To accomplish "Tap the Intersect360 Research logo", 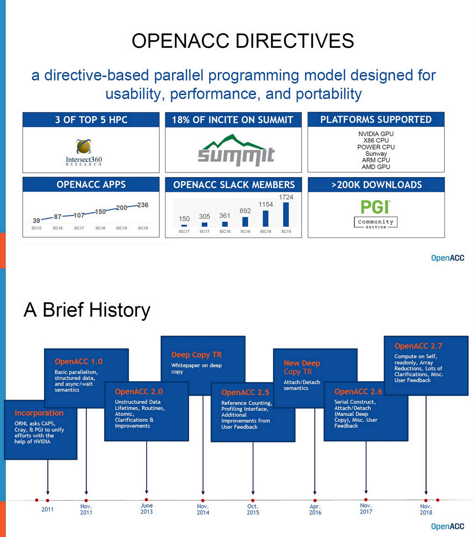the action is pos(84,152).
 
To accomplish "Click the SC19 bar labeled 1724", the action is pos(286,214).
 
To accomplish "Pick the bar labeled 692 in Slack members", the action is pos(245,222).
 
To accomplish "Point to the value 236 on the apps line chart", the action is pos(143,205).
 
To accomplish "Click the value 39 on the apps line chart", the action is pos(36,221).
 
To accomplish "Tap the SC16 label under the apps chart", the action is pos(58,228).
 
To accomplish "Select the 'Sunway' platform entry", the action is pos(376,153).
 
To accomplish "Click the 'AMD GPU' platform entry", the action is pos(376,166).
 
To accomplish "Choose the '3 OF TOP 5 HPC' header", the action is pos(91,120).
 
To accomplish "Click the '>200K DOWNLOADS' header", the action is pos(376,185).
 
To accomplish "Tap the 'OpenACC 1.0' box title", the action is pos(78,361).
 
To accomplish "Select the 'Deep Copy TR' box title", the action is pos(197,355).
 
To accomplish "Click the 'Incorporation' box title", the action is pos(39,413).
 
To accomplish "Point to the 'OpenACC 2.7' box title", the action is pos(418,346).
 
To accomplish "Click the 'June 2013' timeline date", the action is pos(147,508).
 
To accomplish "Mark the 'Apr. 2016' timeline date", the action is pos(315,509).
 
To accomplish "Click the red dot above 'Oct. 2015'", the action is pos(253,500).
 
